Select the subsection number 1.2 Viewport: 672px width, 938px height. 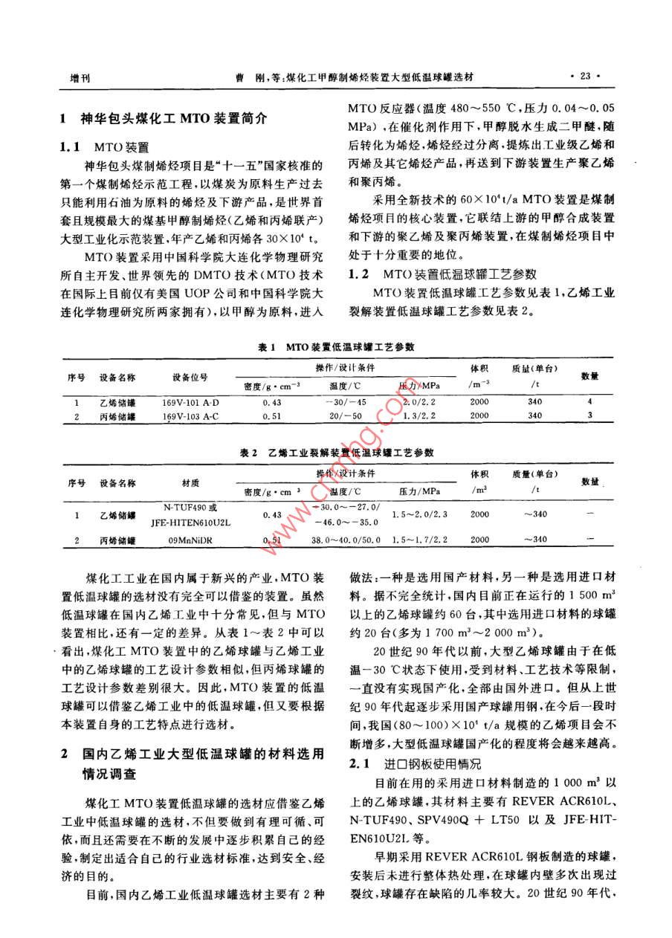360,274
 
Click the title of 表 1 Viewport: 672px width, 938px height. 335,347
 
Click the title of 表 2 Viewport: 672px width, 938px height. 335,451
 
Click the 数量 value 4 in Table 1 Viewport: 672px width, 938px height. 589,402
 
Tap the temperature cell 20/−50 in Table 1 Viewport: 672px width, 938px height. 346,415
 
